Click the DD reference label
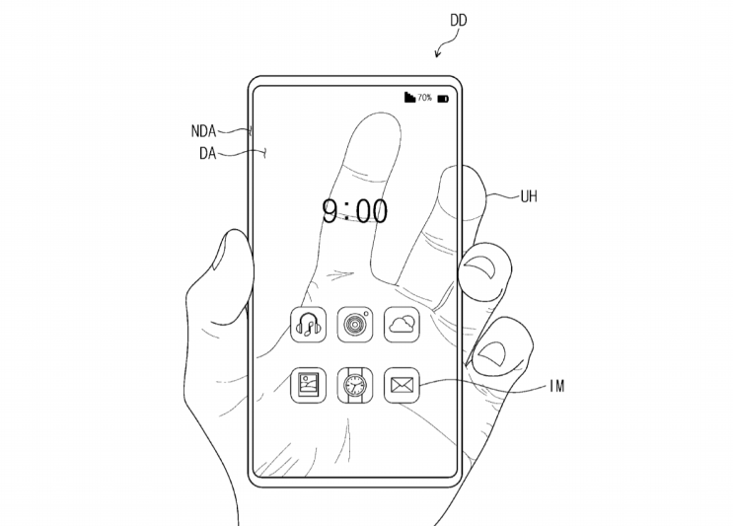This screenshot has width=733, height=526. click(x=458, y=21)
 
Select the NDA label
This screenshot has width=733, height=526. click(x=203, y=131)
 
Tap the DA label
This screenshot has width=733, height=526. click(x=207, y=153)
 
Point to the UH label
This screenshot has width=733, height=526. click(x=529, y=196)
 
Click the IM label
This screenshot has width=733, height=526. click(x=557, y=386)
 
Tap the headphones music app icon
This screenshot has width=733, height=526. click(x=309, y=325)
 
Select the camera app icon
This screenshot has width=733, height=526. click(x=355, y=325)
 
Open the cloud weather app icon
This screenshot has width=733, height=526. click(x=403, y=325)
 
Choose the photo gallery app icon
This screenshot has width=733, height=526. click(x=309, y=385)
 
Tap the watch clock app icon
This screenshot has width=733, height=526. click(x=355, y=385)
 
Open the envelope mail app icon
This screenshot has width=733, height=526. click(x=403, y=385)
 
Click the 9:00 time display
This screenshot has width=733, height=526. click(x=355, y=211)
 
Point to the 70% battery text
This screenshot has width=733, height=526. click(x=424, y=98)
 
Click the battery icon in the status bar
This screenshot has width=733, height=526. click(x=443, y=99)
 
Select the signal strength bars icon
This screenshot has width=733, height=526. click(x=409, y=97)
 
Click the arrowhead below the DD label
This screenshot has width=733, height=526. click(x=438, y=54)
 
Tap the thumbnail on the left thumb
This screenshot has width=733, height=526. click(x=219, y=252)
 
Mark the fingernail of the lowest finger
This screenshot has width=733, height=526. click(x=491, y=354)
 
